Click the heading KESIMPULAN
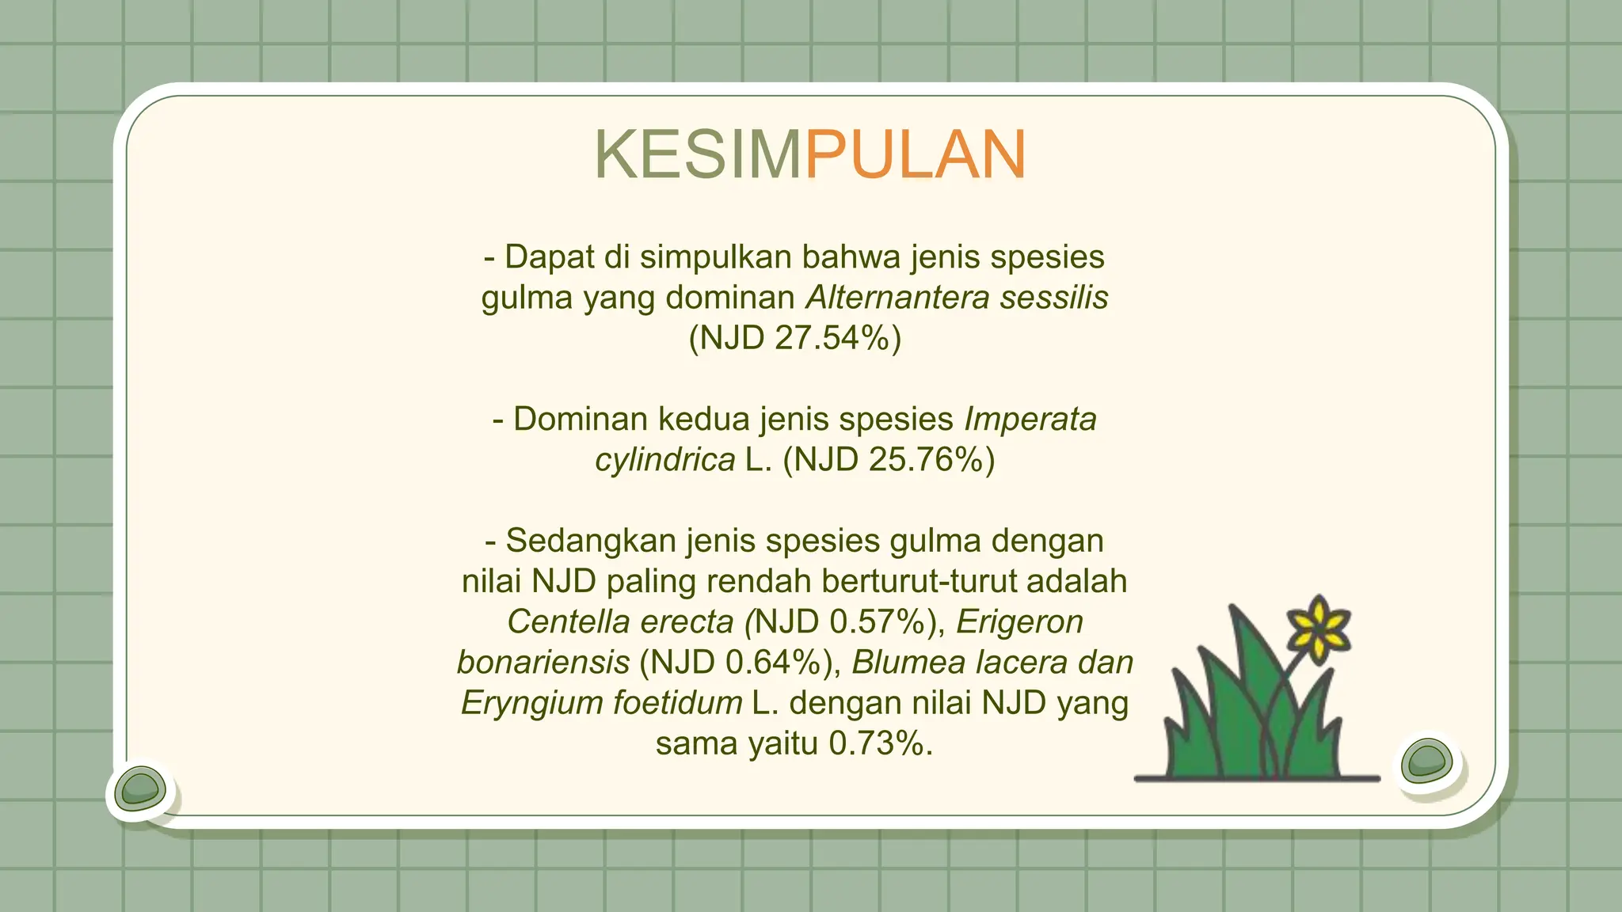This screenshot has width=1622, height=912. point(810,154)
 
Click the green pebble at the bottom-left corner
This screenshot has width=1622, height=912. point(140,789)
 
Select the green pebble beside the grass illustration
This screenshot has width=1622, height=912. point(1427,761)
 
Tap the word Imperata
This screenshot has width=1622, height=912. point(1030,419)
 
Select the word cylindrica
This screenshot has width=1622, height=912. point(665,459)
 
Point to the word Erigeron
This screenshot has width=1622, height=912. point(1019,622)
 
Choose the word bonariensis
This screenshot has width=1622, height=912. point(543,663)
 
